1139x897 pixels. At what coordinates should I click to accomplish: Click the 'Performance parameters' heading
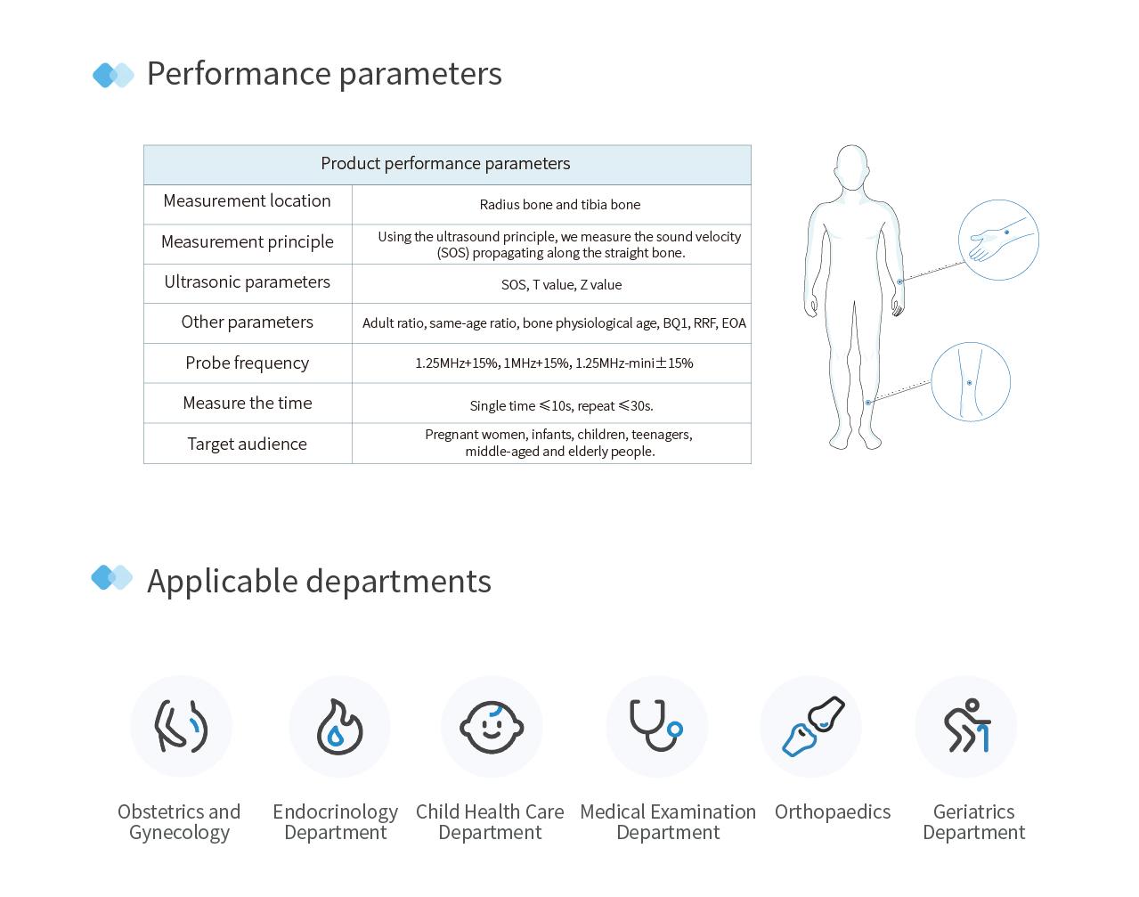(323, 74)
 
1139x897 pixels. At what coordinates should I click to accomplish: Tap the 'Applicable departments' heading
(319, 581)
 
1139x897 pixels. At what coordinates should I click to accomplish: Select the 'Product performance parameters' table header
(445, 164)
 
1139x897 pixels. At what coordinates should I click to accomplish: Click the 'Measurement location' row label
(247, 201)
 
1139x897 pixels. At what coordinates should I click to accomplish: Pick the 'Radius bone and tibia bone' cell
(559, 205)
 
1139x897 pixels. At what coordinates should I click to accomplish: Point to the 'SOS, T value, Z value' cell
(561, 285)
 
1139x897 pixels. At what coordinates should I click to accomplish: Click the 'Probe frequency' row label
(247, 363)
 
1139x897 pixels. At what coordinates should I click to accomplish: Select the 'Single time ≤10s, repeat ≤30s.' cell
(561, 406)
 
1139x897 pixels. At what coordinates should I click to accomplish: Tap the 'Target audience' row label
(247, 444)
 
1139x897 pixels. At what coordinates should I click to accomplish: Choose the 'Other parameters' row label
(247, 322)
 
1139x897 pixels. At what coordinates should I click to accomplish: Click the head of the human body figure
(851, 167)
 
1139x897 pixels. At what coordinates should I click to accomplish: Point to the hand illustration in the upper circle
(998, 241)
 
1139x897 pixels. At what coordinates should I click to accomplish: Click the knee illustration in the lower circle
(970, 382)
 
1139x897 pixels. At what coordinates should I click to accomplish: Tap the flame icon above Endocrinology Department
(339, 727)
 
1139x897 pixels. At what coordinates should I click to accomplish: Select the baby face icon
(492, 727)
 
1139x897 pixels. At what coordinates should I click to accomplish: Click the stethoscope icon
(656, 727)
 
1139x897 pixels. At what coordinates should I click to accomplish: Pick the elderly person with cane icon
(966, 727)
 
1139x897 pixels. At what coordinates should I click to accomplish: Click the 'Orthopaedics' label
(832, 812)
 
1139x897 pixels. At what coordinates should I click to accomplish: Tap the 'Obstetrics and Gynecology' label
(179, 822)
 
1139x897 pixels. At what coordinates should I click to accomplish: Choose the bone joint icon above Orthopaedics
(811, 727)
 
